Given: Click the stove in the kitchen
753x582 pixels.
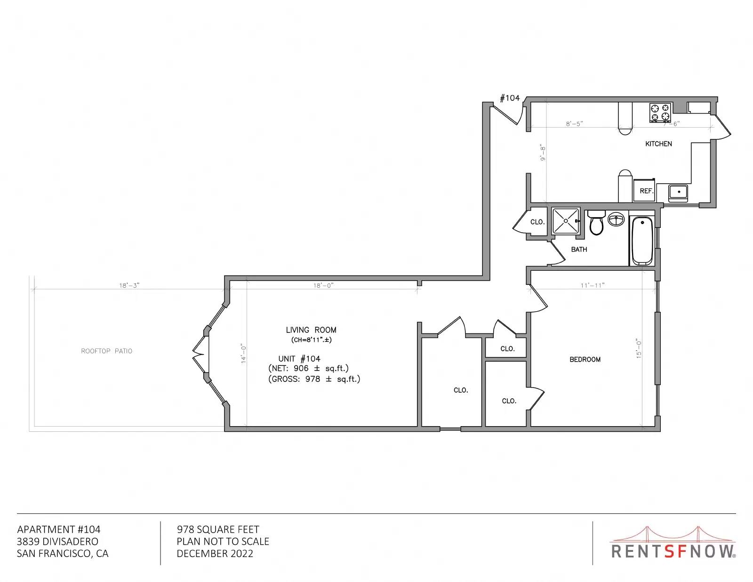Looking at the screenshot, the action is point(660,112).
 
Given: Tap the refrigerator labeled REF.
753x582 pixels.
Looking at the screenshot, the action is point(644,190).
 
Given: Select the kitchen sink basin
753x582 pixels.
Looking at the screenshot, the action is point(678,192).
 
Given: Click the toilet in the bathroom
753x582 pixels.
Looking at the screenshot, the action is point(596,223).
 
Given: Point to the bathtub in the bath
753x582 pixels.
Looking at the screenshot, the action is point(642,241).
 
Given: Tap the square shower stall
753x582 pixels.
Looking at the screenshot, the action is point(566,221).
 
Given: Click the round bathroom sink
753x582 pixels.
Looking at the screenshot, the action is point(616,219).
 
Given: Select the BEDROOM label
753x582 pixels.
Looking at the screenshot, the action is point(585,359).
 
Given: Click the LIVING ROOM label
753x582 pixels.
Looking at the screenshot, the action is point(311,330).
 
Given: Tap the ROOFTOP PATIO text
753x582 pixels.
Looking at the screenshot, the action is point(107,351).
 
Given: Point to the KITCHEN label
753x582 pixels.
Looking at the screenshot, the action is point(658,144).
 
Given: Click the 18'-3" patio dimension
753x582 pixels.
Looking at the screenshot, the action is point(129,286).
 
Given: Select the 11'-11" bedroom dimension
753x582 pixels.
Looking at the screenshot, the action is point(593,285).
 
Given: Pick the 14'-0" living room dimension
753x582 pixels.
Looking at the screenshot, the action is point(244,353).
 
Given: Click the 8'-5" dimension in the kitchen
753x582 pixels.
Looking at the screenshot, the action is point(575,124).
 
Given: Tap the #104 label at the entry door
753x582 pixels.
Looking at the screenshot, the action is point(510,98).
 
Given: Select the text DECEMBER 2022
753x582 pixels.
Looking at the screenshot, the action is point(215,554).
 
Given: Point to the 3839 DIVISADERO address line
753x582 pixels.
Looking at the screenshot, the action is point(57,542).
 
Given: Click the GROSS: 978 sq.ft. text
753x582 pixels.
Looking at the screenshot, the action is point(314,379).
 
